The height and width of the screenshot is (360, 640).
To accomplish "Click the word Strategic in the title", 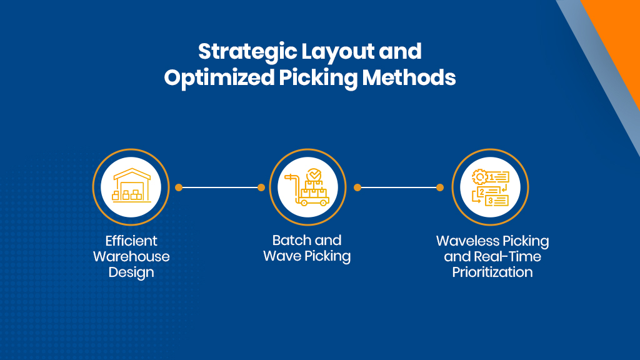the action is [247, 52].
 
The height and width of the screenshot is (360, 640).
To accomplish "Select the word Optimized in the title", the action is [219, 78].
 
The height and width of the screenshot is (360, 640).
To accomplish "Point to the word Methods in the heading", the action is [409, 77].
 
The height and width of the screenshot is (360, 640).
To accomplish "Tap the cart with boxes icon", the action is [307, 187].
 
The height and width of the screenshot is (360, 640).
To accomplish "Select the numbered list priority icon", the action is [490, 187].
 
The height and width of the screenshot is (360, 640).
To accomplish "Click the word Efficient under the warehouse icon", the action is [131, 241].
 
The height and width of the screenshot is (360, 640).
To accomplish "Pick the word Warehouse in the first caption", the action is [131, 256].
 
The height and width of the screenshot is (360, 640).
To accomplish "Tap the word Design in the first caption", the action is [131, 272].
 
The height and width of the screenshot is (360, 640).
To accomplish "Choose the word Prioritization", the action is [492, 272].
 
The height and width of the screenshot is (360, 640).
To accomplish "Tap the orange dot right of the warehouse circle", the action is [179, 187].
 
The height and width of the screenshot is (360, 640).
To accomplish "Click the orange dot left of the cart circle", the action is [261, 187].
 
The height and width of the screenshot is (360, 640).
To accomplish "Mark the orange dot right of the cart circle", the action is [357, 187].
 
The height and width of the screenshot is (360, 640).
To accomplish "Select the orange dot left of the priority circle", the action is [440, 187].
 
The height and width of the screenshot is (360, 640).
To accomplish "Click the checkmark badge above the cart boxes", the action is [314, 175].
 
